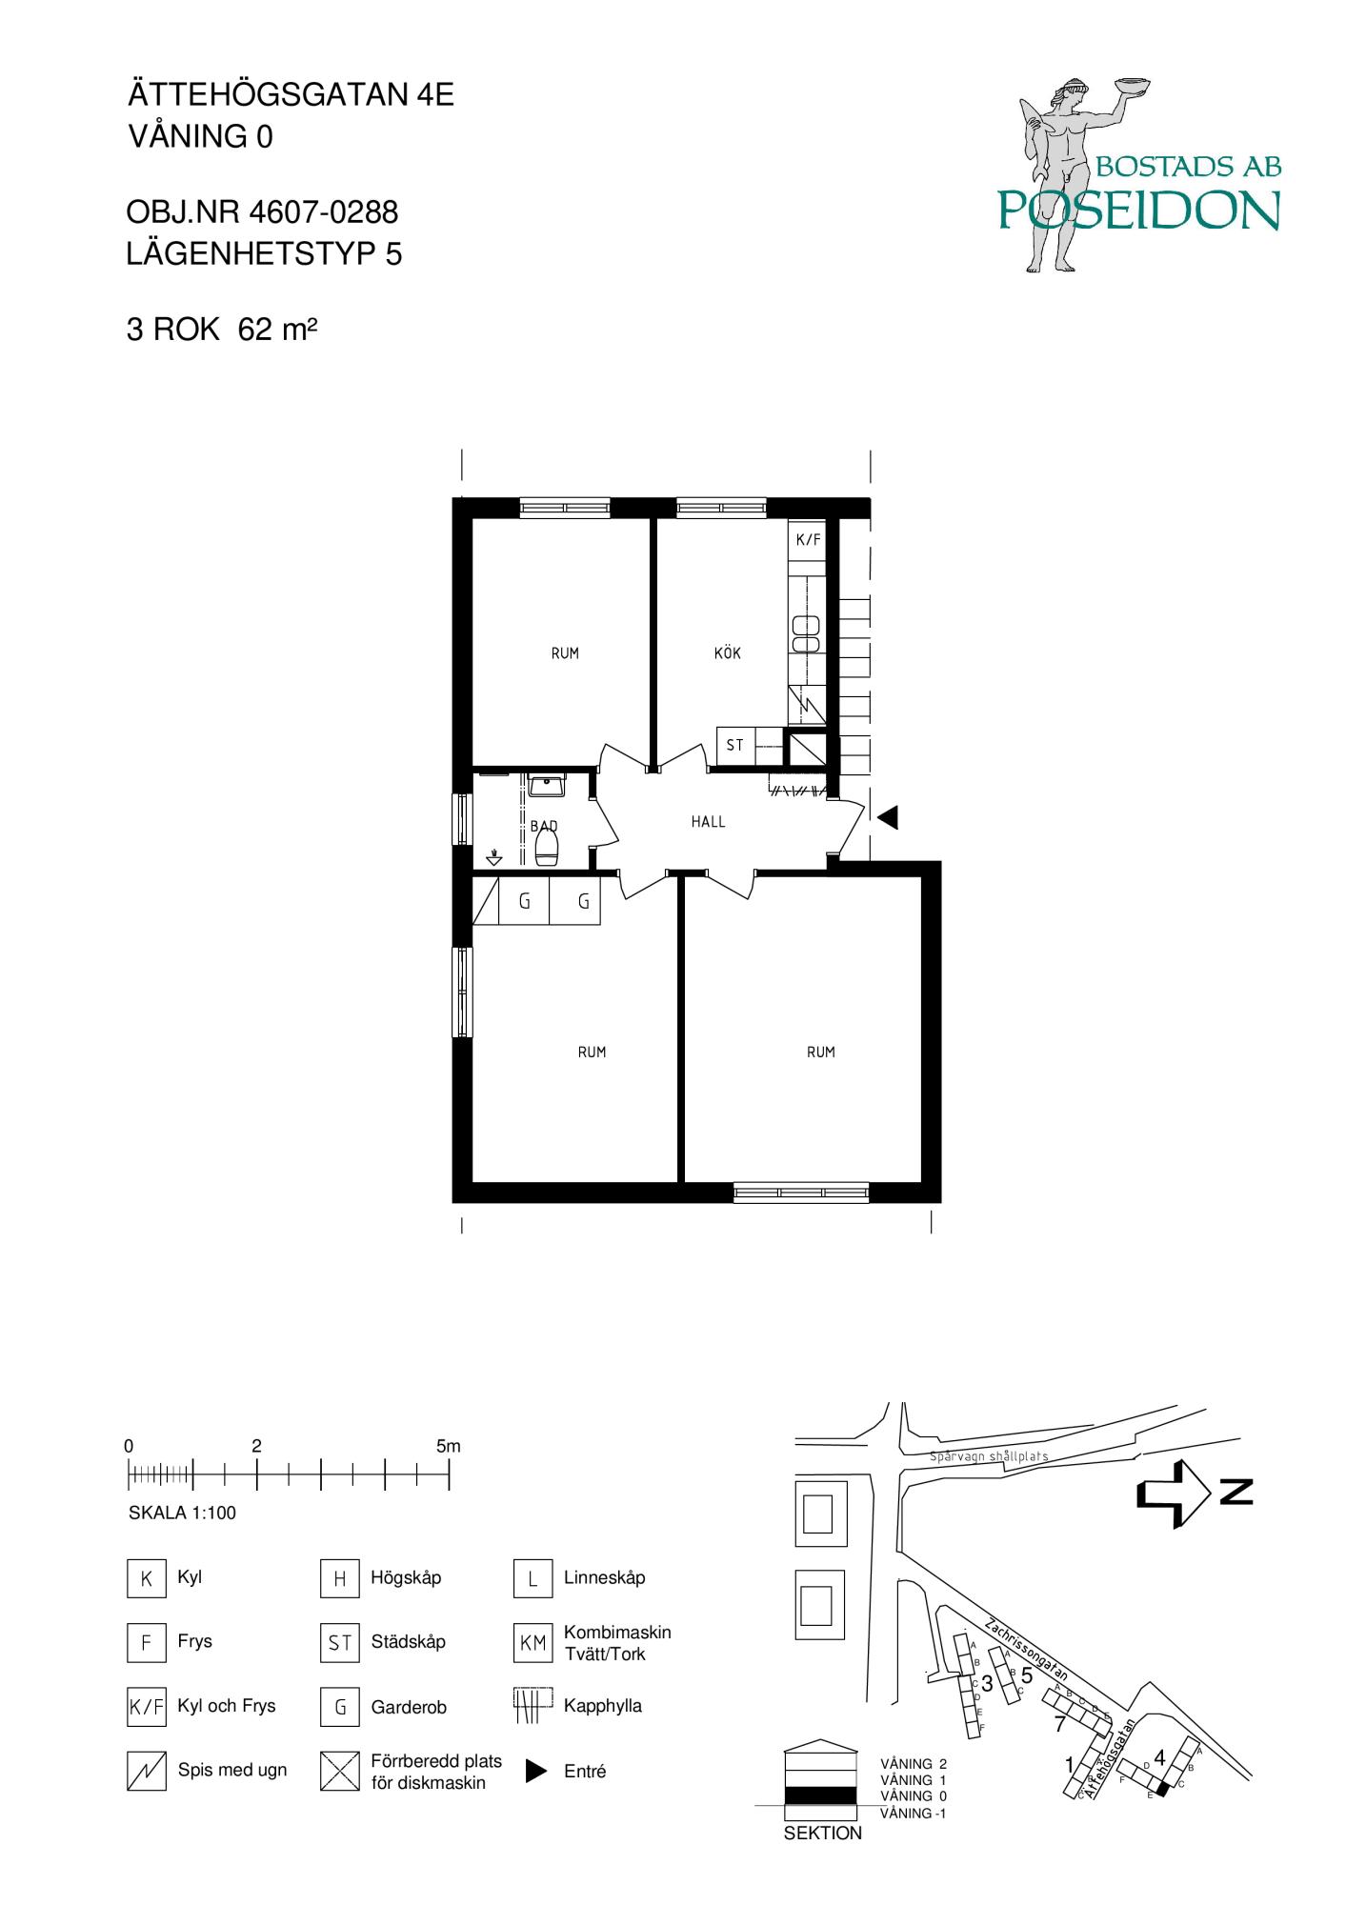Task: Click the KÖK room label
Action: [x=727, y=653]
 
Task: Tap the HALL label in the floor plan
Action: [x=709, y=822]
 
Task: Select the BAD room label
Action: [x=544, y=827]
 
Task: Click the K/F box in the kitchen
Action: [x=808, y=540]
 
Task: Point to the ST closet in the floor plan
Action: [x=734, y=746]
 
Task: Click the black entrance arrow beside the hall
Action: [x=887, y=817]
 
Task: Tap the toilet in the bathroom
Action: [x=546, y=846]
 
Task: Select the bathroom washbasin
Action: [x=547, y=787]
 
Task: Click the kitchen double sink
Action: [x=807, y=633]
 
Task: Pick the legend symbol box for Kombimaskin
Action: [x=532, y=1643]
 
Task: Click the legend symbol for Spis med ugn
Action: [x=146, y=1772]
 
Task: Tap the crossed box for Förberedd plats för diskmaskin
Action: [x=340, y=1772]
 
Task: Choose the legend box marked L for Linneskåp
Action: [x=532, y=1578]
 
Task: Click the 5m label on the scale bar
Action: [x=448, y=1446]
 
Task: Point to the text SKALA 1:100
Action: [x=182, y=1513]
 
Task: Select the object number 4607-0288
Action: [x=324, y=211]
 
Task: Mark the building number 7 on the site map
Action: [x=1059, y=1724]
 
